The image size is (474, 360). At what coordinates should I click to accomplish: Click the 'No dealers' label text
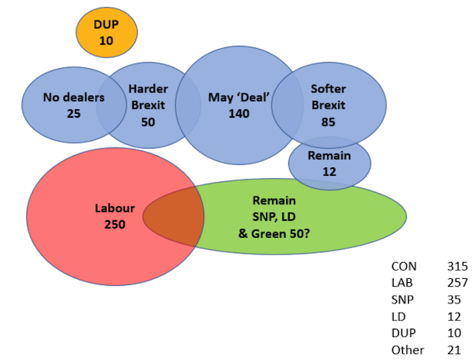tap(73, 98)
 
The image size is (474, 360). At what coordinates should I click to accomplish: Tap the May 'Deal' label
tap(238, 98)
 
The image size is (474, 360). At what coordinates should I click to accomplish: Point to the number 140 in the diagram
tap(239, 113)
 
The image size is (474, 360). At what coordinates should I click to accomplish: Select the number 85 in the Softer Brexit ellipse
tap(329, 121)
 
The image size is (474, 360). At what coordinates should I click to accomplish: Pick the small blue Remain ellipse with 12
tap(330, 163)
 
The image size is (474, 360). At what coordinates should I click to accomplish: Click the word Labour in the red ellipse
tap(115, 208)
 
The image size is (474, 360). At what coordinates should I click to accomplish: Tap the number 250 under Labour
tap(115, 224)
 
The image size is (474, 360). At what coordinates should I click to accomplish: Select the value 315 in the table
tap(456, 267)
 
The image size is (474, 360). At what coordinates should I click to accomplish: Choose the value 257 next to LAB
tap(456, 283)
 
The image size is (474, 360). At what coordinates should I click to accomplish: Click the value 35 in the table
tap(453, 300)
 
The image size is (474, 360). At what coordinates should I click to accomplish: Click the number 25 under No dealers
tap(73, 113)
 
